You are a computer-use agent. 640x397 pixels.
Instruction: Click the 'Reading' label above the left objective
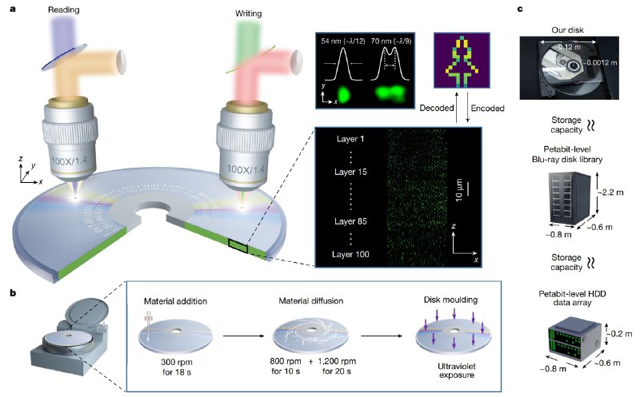coord(64,10)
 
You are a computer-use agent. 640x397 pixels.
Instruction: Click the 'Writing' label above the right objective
coord(248,14)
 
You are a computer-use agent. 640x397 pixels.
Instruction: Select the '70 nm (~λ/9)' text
coord(390,42)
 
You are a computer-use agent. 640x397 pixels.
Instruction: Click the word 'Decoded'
coord(437,108)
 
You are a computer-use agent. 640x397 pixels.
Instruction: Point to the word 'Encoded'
coord(487,108)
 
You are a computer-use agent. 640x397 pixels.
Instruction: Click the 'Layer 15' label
coord(350,172)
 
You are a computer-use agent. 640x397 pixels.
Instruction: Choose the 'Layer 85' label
coord(350,221)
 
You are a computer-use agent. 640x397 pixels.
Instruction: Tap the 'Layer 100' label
coord(350,254)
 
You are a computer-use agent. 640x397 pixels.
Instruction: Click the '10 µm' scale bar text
coord(458,189)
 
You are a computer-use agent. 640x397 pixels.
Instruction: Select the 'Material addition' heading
coord(175,301)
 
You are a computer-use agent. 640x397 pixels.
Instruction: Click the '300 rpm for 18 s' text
coord(177,367)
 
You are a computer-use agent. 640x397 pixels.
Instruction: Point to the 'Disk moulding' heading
coord(450,300)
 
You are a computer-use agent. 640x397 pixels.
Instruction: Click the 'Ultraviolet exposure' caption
coord(457,371)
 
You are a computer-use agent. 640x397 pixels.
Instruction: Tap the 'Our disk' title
coord(567,30)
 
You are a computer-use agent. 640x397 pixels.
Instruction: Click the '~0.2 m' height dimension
coord(619,334)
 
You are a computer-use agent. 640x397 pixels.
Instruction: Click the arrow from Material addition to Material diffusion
coord(244,336)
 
